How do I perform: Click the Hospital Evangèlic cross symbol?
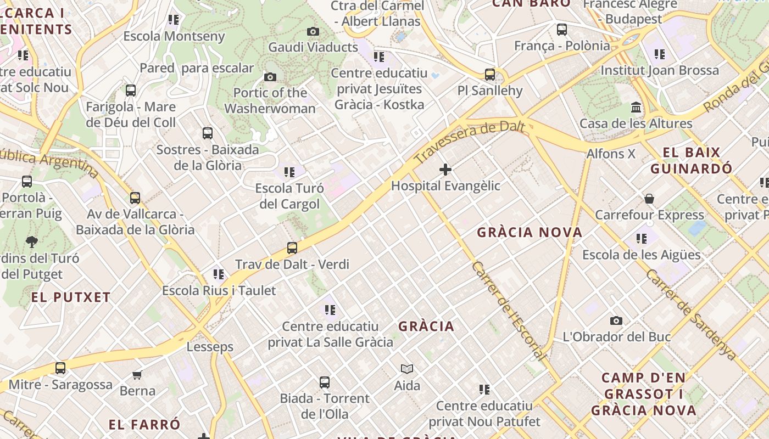point(445,170)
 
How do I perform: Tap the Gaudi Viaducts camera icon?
point(313,32)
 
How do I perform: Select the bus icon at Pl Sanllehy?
point(489,74)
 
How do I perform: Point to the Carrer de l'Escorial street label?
point(509,311)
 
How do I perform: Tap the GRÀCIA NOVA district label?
point(530,232)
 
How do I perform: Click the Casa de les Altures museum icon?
point(636,107)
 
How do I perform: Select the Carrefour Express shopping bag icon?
point(649,198)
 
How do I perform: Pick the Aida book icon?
point(407,369)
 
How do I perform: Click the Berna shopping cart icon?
point(137,375)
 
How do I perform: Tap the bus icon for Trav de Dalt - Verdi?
point(292,248)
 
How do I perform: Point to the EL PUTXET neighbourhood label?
point(71,297)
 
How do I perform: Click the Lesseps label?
point(210,347)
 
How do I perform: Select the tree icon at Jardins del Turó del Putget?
point(32,241)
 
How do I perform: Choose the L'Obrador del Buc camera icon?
point(616,320)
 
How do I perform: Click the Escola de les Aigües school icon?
point(641,239)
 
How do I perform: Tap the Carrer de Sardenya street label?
point(691,314)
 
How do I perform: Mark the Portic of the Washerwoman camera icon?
point(270,77)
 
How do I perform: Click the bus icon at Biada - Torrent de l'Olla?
point(325,382)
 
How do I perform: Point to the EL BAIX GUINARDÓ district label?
point(691,160)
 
